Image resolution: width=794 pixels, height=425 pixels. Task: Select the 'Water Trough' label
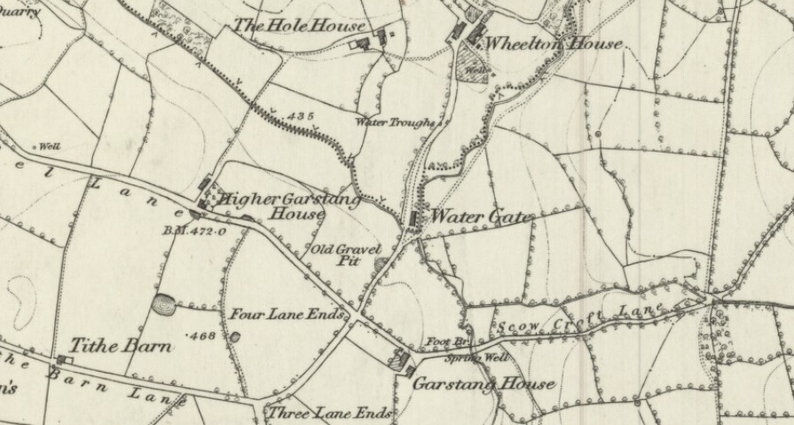pyautogui.click(x=395, y=122)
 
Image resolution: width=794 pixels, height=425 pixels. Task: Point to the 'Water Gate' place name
pyautogui.click(x=483, y=217)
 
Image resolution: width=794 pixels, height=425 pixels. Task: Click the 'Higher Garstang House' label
pyautogui.click(x=290, y=206)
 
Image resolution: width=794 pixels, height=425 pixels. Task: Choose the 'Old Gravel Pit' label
pyautogui.click(x=343, y=255)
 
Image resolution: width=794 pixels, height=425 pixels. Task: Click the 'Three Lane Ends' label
pyautogui.click(x=330, y=413)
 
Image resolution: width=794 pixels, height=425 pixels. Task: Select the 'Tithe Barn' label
pyautogui.click(x=121, y=345)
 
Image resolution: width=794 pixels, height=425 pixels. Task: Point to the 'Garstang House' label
pyautogui.click(x=483, y=384)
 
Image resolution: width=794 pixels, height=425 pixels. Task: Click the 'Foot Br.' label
pyautogui.click(x=442, y=342)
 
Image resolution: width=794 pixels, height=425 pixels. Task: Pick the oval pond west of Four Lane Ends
pyautogui.click(x=164, y=306)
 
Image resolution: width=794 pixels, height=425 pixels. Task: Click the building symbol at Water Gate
pyautogui.click(x=415, y=219)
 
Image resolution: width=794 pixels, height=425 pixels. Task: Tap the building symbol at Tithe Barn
pyautogui.click(x=62, y=360)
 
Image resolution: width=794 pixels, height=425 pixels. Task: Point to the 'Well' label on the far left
pyautogui.click(x=48, y=146)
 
